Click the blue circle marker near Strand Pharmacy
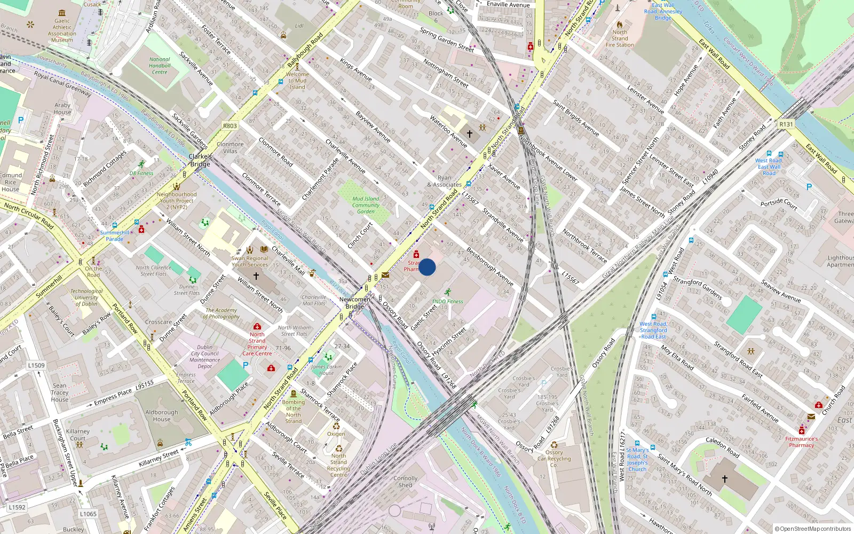coord(427,267)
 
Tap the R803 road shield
coord(230,126)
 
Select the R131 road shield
coord(786,124)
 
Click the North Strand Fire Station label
coord(620,38)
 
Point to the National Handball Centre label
coord(160,66)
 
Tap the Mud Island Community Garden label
coord(366,205)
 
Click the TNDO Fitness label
coord(447,301)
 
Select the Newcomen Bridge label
coord(355,303)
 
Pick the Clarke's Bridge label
coord(200,160)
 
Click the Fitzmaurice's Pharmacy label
coord(801,442)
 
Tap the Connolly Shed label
coord(405,482)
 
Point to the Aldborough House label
coord(162,415)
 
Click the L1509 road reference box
coord(36,365)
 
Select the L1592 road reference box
coord(17,507)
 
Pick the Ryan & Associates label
coord(444,182)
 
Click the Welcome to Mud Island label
coord(297,81)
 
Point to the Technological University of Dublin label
coord(86,297)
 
